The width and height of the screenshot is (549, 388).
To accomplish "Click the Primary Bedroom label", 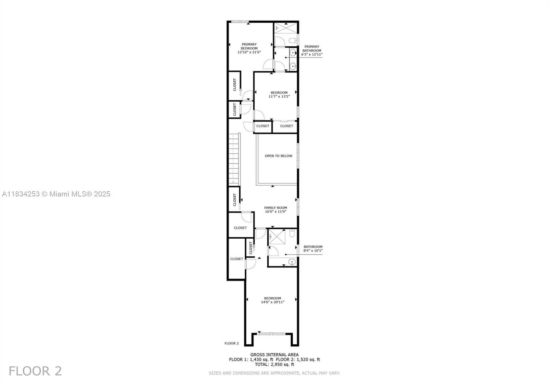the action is point(249,46).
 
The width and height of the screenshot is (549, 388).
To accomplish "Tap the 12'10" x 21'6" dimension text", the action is point(249,52).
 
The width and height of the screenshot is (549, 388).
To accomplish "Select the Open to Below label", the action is point(278,156).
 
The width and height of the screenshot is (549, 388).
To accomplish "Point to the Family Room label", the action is point(276,207).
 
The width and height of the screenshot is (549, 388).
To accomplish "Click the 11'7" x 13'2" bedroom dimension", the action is point(279,96).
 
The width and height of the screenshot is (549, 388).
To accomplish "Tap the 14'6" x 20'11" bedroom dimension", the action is point(272,302).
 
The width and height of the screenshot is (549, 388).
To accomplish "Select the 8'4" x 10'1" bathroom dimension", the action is point(313,250).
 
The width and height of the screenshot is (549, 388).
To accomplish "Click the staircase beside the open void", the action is point(234,159).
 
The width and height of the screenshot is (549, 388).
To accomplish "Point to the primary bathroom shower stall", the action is point(285,28).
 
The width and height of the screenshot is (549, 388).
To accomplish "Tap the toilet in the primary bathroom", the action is point(293,41).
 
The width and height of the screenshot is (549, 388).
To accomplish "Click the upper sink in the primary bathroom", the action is point(293,52).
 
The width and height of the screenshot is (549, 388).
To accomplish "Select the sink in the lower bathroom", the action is point(292,262).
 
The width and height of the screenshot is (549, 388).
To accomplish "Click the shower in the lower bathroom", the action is point(277,237).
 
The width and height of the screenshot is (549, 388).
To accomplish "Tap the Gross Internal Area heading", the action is point(274,355).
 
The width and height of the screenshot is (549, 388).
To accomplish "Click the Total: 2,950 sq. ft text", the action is point(274,364).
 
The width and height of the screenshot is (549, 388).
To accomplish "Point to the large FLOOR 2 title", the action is point(35,371).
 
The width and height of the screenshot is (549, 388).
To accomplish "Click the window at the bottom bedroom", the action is point(271,334).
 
